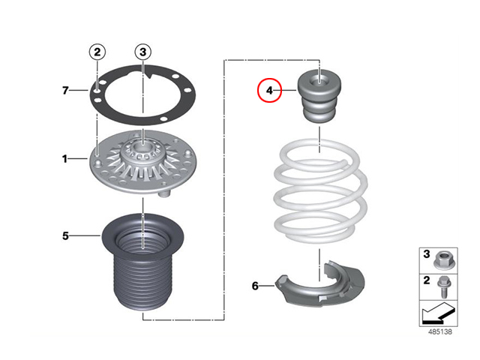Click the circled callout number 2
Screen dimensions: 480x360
coord(97,52)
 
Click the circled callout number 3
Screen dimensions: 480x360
coord(143,52)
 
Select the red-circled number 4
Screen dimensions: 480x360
coord(269,90)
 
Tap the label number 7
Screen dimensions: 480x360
coord(65,91)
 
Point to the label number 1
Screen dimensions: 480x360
coord(64,159)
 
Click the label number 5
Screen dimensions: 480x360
coord(65,236)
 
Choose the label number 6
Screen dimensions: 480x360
coord(255,286)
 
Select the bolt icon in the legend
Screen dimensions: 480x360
coord(443,287)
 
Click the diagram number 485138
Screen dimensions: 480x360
coord(440,331)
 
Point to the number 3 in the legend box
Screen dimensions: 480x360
coord(427,253)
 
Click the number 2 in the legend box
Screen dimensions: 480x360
coord(427,280)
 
